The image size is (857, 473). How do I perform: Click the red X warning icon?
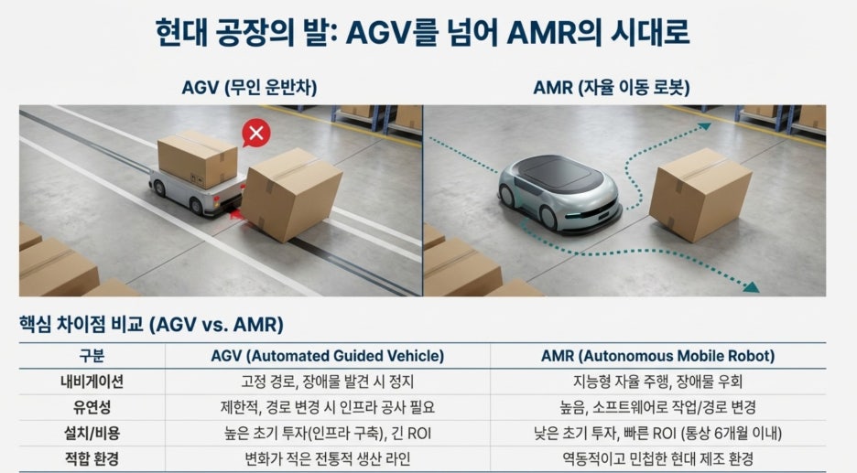click(x=256, y=133)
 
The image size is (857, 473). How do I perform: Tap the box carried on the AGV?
click(x=198, y=159)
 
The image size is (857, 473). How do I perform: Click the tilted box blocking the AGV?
click(x=292, y=194)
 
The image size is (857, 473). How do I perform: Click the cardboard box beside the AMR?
click(x=700, y=195)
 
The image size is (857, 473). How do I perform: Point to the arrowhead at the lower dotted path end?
click(x=752, y=286)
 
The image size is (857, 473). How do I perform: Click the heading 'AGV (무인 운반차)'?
click(x=249, y=88)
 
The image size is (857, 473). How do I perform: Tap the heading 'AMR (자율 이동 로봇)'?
click(x=612, y=88)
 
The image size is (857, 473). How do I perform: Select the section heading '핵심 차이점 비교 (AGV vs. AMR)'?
click(x=151, y=325)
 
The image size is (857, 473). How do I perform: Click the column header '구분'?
click(x=92, y=356)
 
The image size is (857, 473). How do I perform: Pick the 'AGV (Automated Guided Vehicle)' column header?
click(x=328, y=356)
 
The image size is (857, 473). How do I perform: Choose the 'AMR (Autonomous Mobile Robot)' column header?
click(x=658, y=356)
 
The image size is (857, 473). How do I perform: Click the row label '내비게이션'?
click(x=92, y=382)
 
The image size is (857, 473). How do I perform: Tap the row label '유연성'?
click(x=92, y=407)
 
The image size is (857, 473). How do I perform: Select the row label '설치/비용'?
click(x=92, y=434)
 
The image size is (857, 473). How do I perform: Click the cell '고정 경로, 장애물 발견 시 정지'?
click(x=328, y=382)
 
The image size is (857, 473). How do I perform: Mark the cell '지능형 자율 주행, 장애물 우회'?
click(x=658, y=382)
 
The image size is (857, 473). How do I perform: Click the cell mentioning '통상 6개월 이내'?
click(x=658, y=434)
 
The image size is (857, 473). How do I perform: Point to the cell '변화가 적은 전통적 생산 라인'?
click(x=328, y=458)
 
